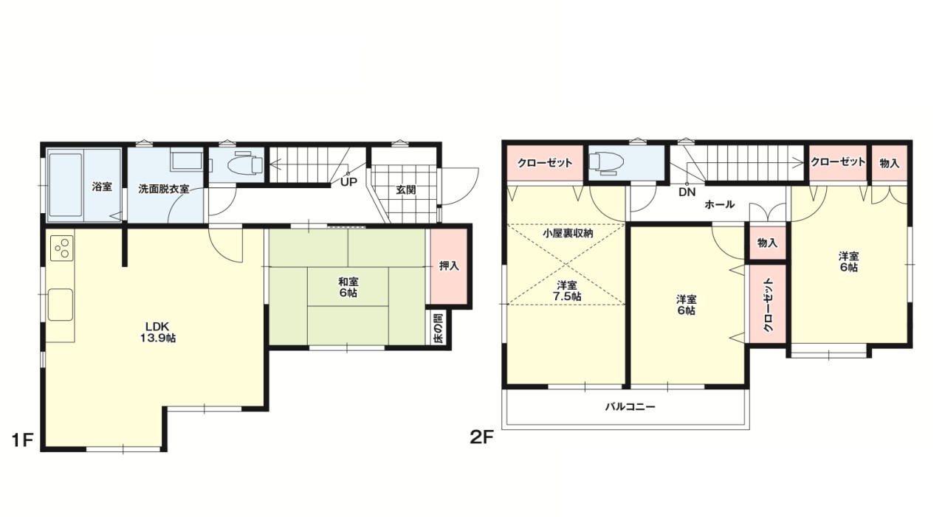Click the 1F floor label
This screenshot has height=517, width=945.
click(22, 440)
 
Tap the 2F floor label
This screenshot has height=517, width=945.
click(481, 437)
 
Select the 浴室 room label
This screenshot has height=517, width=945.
click(102, 187)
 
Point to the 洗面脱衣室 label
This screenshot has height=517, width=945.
click(164, 189)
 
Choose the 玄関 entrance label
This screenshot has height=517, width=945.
click(406, 190)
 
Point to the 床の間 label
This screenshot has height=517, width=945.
click(438, 327)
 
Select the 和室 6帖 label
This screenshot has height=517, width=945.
click(348, 287)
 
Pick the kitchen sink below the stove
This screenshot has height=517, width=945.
click(61, 304)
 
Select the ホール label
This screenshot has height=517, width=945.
click(719, 204)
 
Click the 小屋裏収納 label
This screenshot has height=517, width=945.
click(567, 233)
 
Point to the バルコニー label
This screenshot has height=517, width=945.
click(630, 406)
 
